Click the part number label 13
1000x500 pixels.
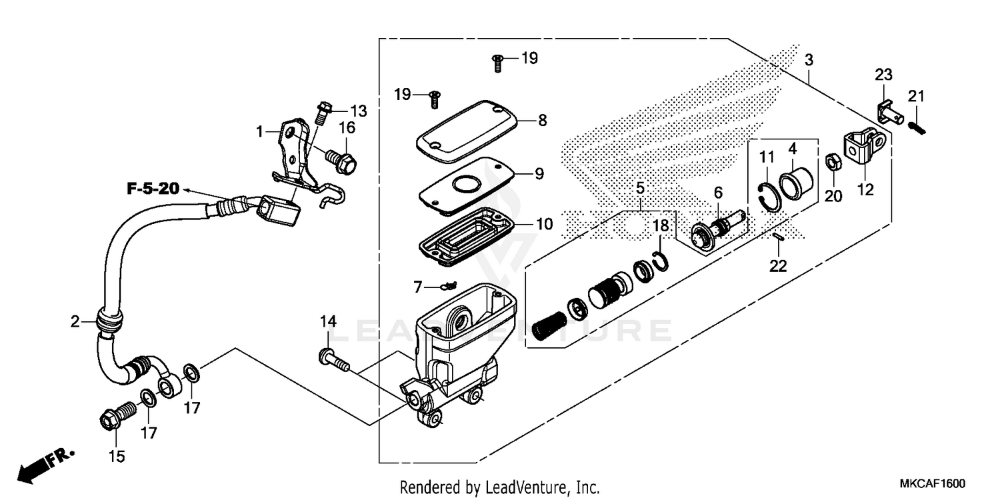click(359, 110)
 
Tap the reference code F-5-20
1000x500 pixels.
click(153, 189)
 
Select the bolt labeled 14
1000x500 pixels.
click(334, 361)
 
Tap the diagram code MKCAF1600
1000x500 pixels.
click(933, 483)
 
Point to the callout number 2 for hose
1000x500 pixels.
click(75, 322)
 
